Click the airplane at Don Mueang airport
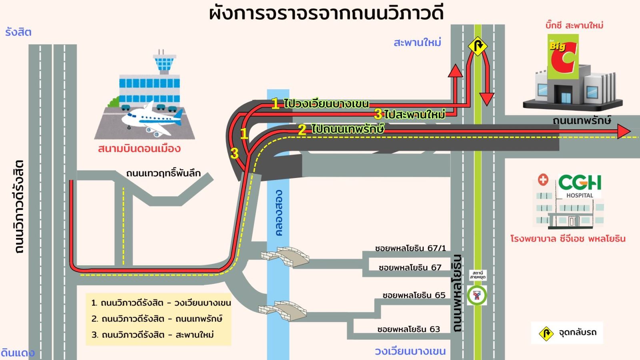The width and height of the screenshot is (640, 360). click(x=152, y=118)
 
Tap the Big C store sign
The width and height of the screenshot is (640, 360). click(x=563, y=56)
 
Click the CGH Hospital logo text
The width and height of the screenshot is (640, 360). click(x=580, y=183)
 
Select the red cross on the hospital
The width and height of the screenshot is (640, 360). click(x=543, y=180)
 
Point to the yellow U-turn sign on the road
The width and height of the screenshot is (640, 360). click(x=478, y=46)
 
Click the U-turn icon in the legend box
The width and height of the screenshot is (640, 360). click(x=546, y=333)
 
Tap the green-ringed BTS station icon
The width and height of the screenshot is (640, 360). click(x=477, y=296)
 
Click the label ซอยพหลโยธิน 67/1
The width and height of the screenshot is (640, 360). click(x=410, y=248)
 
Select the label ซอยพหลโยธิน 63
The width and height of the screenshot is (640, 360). click(x=408, y=329)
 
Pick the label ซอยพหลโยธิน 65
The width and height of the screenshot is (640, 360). click(x=414, y=295)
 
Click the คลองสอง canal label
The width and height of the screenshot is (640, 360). click(x=279, y=213)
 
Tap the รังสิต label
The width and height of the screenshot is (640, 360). click(x=18, y=32)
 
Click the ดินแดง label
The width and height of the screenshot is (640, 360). click(x=18, y=353)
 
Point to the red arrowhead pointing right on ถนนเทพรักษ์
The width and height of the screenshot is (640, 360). click(x=624, y=131)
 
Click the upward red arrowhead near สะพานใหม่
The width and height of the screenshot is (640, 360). click(x=455, y=71)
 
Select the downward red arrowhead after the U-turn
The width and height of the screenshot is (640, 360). click(x=486, y=99)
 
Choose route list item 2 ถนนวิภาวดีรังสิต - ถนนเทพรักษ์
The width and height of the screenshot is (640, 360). click(x=157, y=319)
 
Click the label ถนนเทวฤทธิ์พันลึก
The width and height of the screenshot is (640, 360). click(x=163, y=173)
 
